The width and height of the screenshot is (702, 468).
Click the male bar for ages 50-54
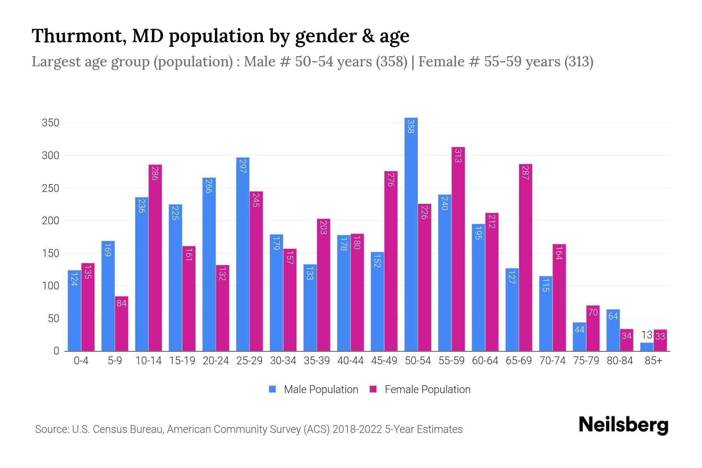tap(411, 234)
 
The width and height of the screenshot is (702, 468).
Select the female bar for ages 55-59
tap(458, 250)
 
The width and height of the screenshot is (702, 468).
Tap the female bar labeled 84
tap(121, 324)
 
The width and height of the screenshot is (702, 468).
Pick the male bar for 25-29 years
tap(243, 253)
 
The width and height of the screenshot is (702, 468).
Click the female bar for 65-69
tap(525, 257)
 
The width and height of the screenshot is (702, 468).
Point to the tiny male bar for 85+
tap(647, 347)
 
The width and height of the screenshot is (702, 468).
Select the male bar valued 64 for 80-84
tap(613, 330)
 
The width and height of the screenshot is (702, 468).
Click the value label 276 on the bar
tap(390, 180)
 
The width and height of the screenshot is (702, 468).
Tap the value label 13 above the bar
tap(647, 335)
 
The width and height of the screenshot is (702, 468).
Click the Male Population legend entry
tap(314, 390)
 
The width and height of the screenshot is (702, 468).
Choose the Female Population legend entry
tap(420, 390)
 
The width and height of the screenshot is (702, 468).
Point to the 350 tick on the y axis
tap(50, 123)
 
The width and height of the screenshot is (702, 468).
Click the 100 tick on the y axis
tap(50, 286)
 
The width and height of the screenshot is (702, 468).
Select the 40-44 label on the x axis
tap(350, 361)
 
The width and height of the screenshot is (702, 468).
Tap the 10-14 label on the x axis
tap(148, 361)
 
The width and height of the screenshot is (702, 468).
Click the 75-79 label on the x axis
tap(586, 361)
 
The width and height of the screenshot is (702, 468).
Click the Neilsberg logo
tap(623, 425)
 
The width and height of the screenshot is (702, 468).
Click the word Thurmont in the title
tap(78, 36)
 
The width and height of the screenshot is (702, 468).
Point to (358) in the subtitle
tap(392, 62)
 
